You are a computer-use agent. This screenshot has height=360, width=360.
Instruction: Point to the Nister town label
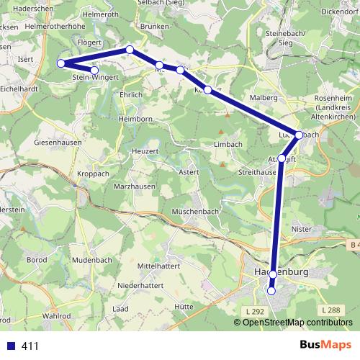(x=301, y=229)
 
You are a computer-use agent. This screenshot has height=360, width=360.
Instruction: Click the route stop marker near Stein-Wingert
(x=94, y=70)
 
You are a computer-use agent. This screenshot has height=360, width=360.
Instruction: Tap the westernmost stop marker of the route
(x=61, y=63)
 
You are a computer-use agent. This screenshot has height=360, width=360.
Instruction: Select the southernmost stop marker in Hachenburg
(x=271, y=292)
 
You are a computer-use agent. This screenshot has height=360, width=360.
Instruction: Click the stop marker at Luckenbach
(x=299, y=135)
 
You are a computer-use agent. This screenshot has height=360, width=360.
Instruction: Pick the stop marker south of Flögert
(x=130, y=49)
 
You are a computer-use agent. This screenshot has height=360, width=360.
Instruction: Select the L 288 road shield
(x=332, y=310)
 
